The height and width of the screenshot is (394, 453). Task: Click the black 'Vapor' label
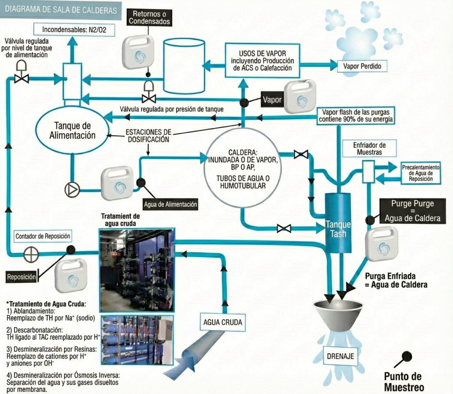(x=272, y=100)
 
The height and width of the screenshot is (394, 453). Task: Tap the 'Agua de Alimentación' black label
(x=170, y=205)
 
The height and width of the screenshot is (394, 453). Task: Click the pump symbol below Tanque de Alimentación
(x=72, y=189)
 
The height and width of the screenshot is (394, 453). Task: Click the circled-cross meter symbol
(x=31, y=255)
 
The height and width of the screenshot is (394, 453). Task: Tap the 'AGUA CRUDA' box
(x=223, y=322)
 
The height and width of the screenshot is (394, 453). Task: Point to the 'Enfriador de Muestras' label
(x=369, y=148)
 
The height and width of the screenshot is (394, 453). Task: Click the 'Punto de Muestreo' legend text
(x=403, y=382)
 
